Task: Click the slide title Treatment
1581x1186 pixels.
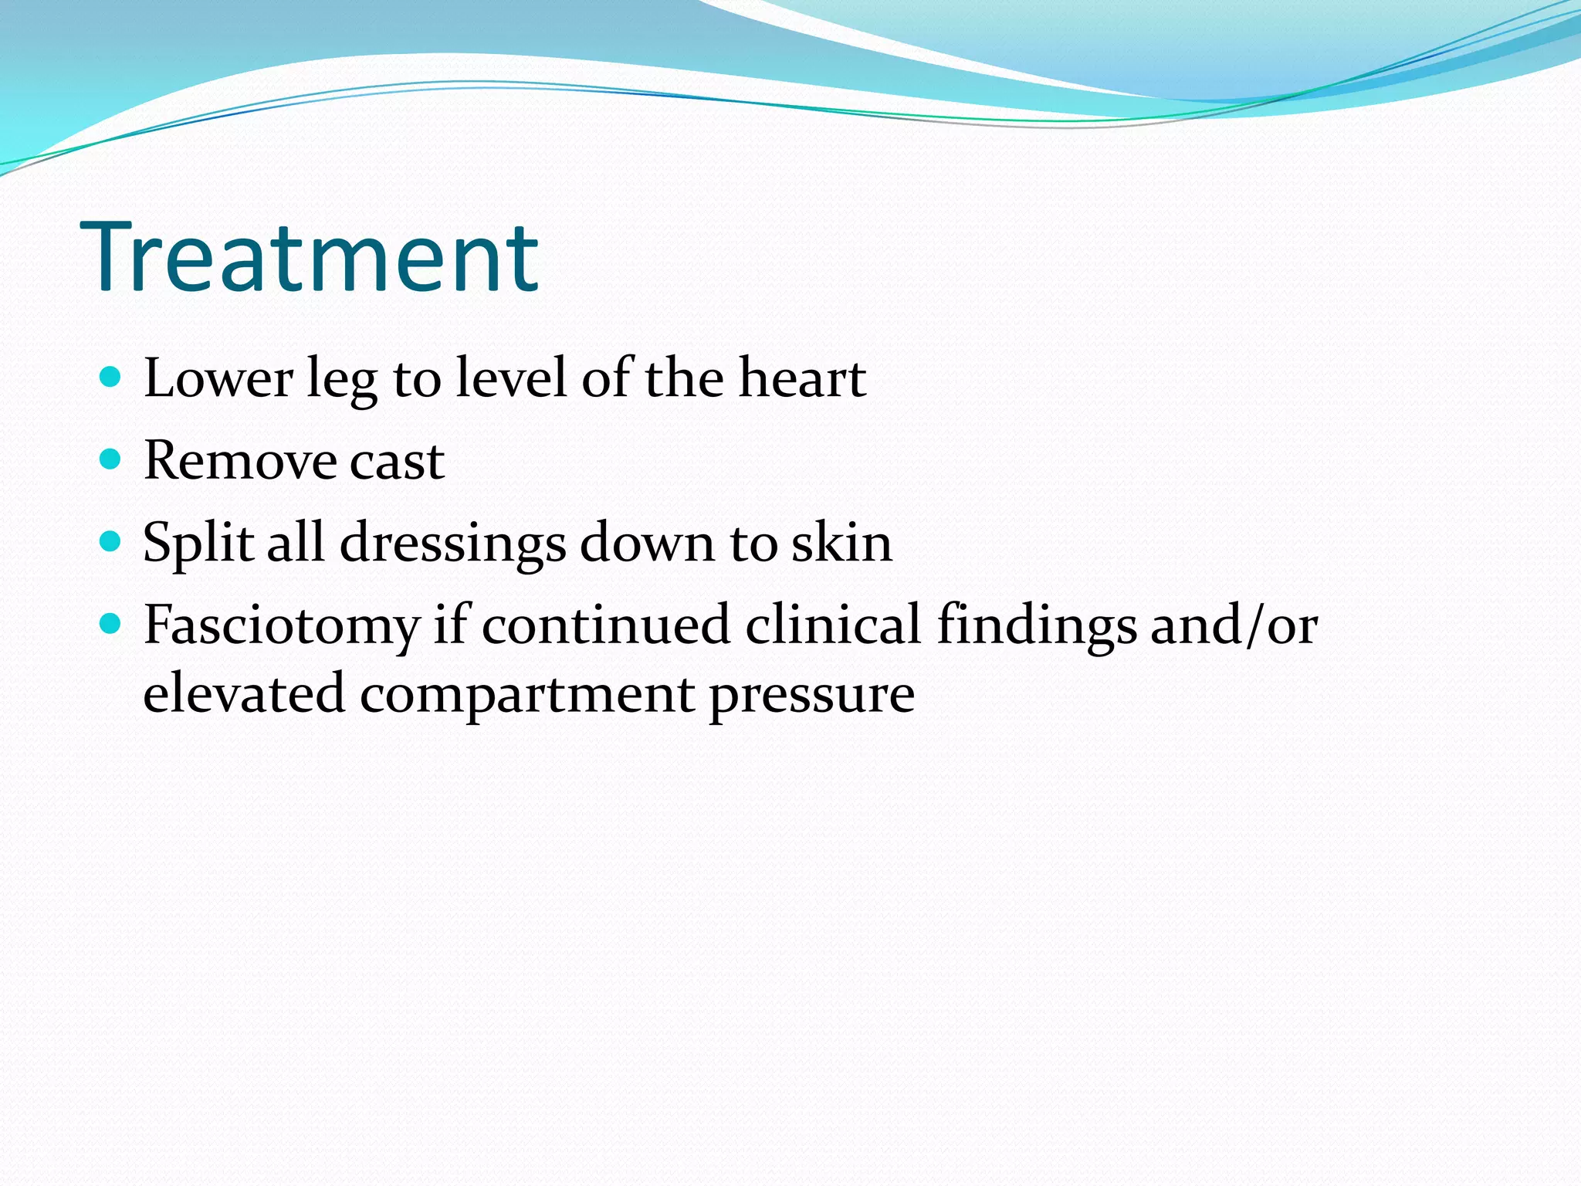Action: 309,257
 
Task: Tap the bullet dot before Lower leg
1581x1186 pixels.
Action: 111,377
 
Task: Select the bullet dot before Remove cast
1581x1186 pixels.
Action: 111,460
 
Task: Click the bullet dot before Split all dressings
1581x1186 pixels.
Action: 111,541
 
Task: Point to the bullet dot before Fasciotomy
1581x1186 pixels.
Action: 111,624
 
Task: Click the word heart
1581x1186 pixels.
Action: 802,378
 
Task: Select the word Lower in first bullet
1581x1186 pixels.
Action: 218,378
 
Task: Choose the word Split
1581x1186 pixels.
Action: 198,544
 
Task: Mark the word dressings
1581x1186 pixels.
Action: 452,544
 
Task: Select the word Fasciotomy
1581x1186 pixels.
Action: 281,625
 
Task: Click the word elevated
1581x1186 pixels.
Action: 244,693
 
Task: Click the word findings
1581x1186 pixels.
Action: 1037,625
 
